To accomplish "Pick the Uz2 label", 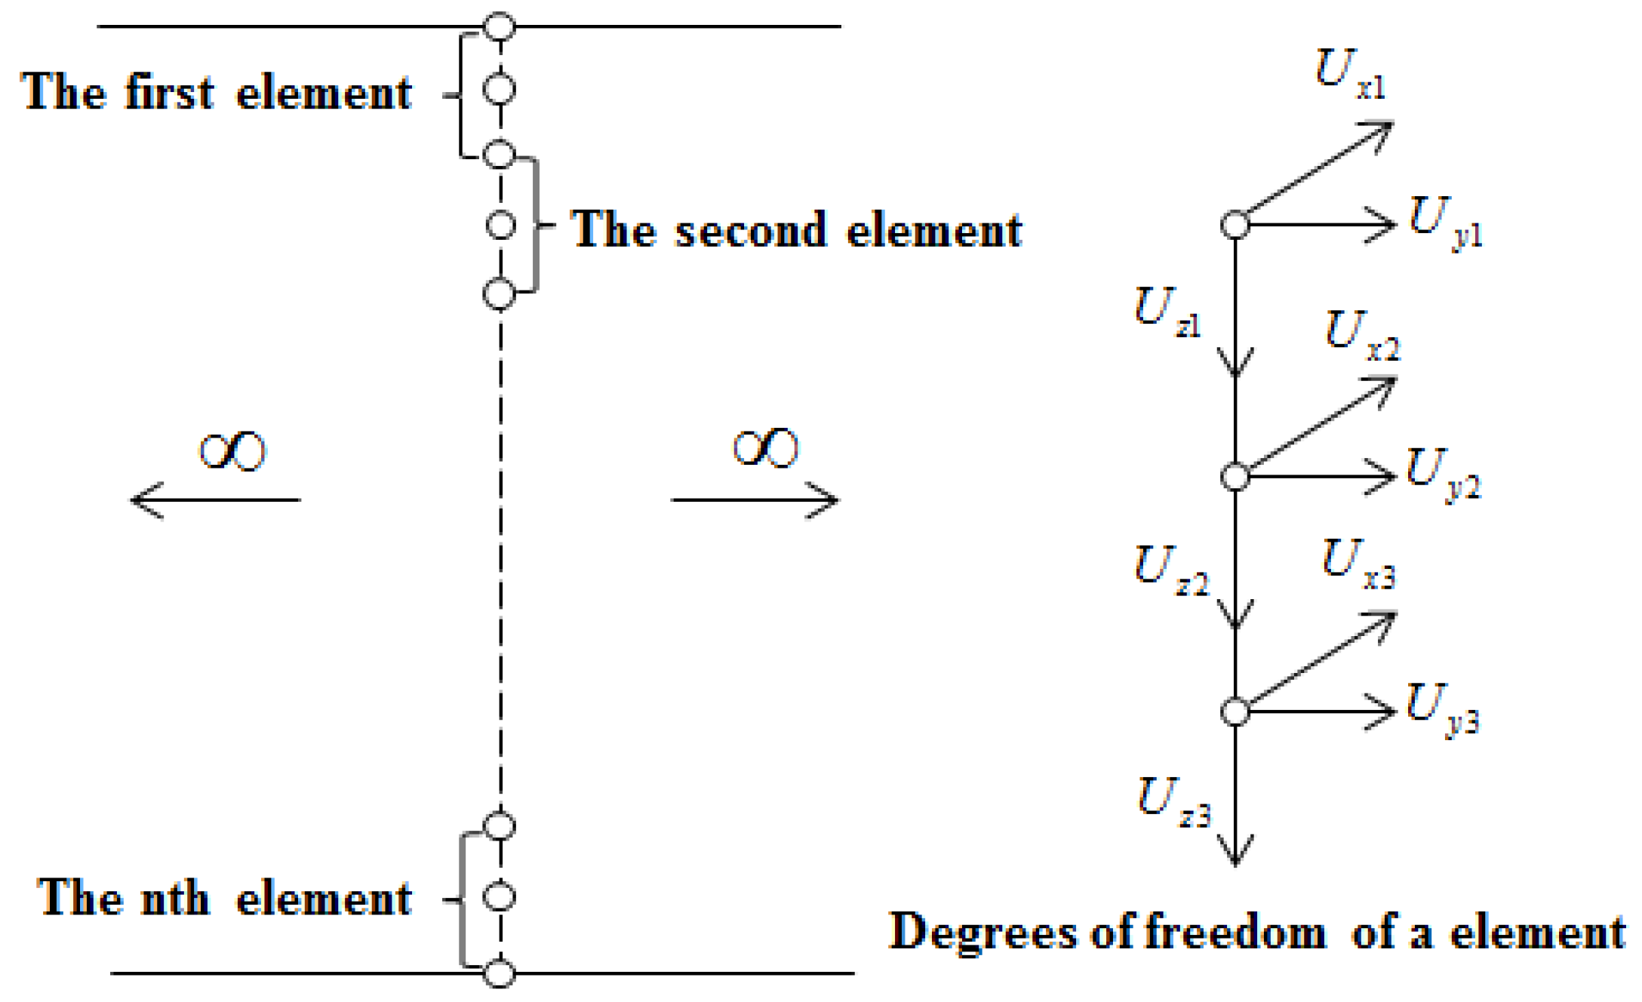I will tap(1170, 570).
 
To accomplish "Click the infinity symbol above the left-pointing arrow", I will tap(232, 451).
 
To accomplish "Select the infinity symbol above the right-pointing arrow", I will tap(765, 448).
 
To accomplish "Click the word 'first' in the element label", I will tap(170, 92).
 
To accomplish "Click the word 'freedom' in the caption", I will tap(1235, 931).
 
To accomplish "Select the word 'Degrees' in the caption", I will tap(982, 931).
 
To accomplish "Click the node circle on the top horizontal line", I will tap(499, 26).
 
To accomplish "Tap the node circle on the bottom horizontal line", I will tap(499, 973).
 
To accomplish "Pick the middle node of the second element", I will tap(500, 225).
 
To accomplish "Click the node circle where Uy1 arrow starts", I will tap(1235, 225).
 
